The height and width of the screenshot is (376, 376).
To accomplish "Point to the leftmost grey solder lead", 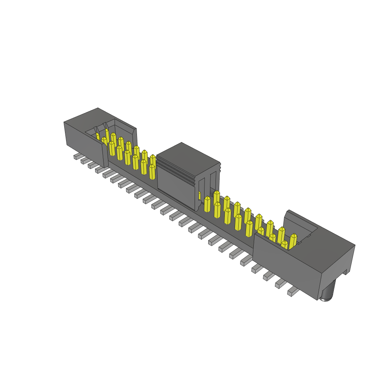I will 77,156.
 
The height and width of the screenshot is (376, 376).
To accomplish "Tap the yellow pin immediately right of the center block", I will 207,204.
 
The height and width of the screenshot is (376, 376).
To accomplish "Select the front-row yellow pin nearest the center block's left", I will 152,171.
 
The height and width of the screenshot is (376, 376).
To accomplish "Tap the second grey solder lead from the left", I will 84,161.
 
